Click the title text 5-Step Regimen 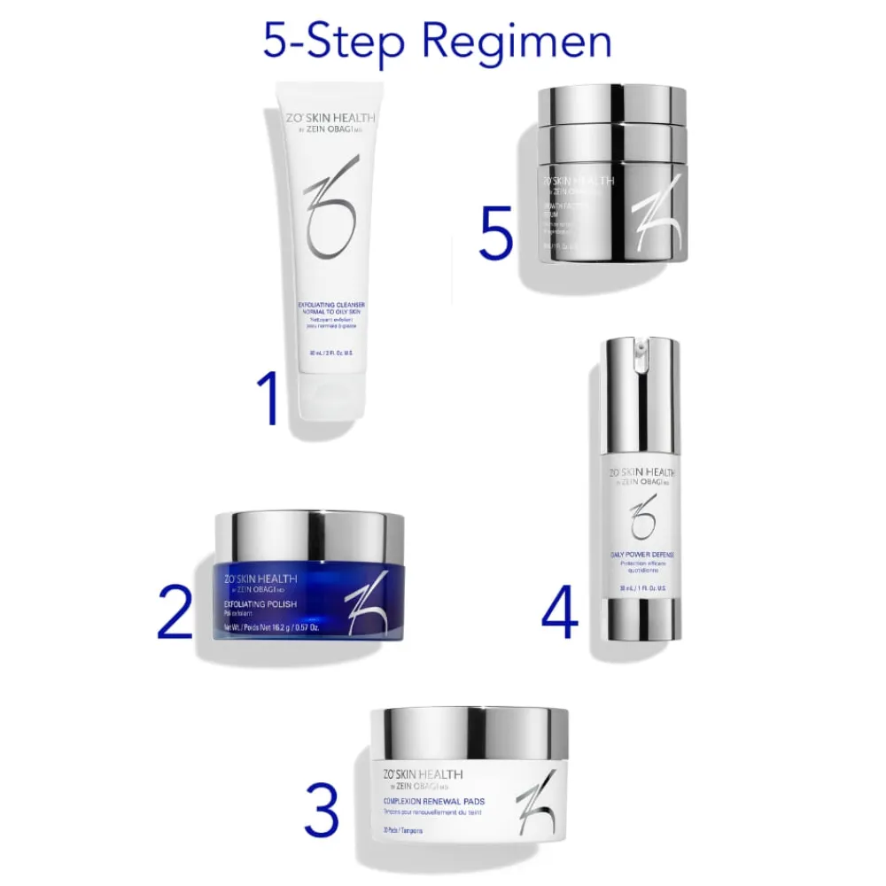tap(437, 42)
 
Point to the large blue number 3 tap(321, 808)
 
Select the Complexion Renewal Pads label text tap(434, 801)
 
